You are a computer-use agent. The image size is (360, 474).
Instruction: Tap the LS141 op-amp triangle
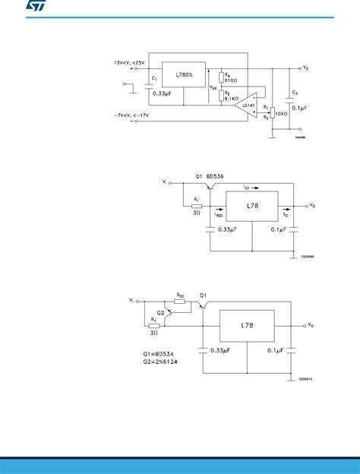click(245, 103)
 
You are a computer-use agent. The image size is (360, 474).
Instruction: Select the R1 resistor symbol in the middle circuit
click(197, 205)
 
